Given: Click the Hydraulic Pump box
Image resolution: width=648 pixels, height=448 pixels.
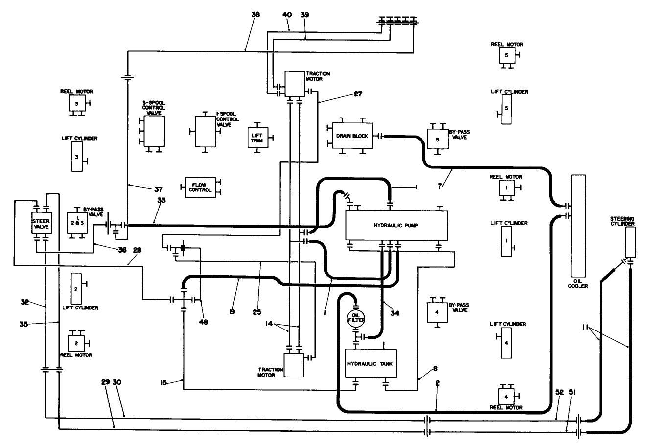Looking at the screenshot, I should (x=397, y=225).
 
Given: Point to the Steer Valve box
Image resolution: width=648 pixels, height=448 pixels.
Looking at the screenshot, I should (x=41, y=223).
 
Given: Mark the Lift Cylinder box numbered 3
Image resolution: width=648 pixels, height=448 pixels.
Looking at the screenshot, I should (x=77, y=157).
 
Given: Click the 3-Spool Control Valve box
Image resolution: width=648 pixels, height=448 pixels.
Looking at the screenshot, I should (x=155, y=131).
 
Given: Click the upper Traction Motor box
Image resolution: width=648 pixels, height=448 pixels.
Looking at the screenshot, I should (x=295, y=84).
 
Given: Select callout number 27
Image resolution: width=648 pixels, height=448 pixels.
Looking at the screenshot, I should (x=358, y=94).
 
